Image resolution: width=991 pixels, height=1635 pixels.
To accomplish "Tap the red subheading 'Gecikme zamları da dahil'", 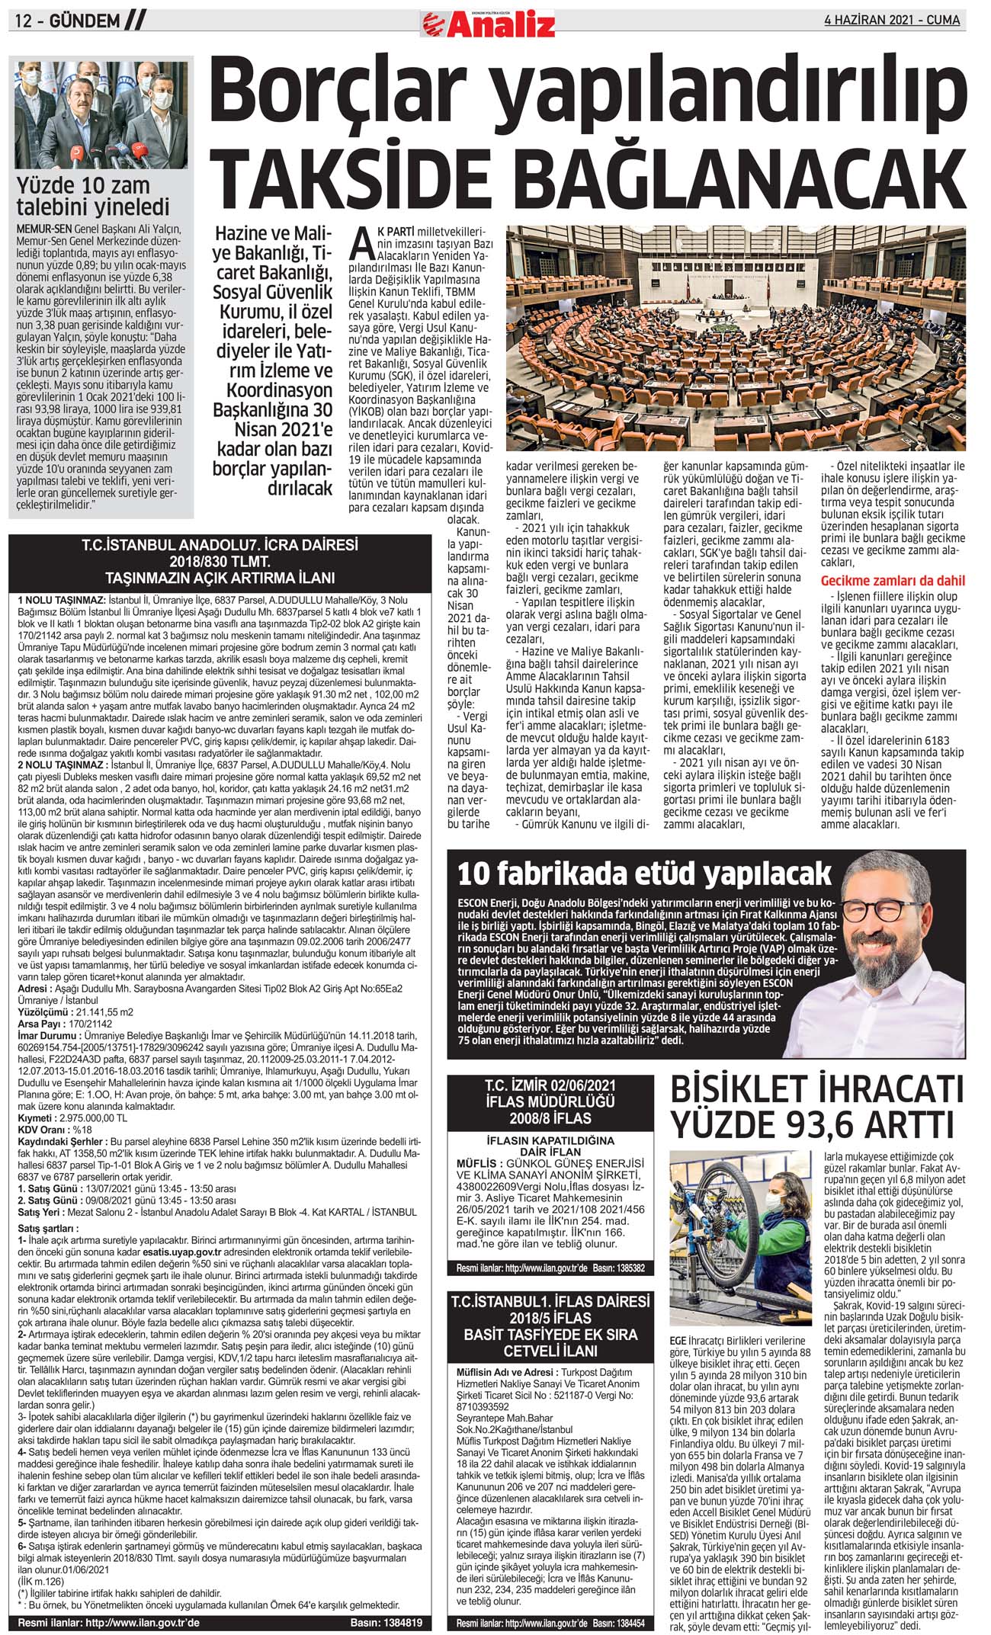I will tap(892, 581).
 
